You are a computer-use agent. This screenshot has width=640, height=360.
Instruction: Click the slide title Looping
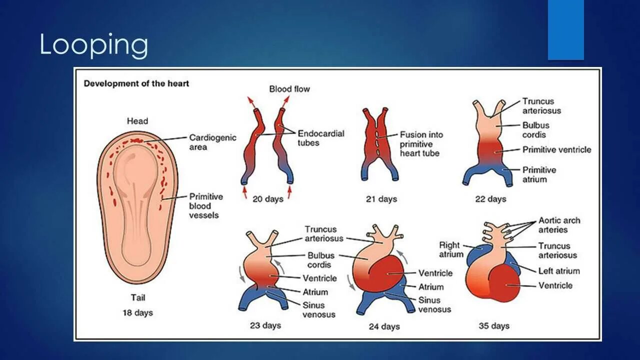[x=93, y=45]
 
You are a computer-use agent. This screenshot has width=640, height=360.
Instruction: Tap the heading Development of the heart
[x=136, y=83]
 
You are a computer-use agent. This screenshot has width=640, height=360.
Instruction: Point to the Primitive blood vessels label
[x=206, y=205]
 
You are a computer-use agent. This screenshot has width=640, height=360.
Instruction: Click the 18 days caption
[x=137, y=313]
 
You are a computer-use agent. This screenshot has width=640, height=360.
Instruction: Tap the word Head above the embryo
[x=137, y=121]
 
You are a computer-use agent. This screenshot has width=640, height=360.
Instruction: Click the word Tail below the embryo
[x=138, y=298]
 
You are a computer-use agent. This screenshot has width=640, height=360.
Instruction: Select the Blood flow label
[x=289, y=89]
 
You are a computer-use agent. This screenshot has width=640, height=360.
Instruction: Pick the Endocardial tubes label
[x=321, y=138]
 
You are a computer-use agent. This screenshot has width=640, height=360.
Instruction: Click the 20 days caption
[x=267, y=199]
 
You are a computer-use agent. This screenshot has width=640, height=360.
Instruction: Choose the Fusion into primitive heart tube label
[x=421, y=144]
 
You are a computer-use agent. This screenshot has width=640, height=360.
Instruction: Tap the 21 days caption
[x=381, y=199]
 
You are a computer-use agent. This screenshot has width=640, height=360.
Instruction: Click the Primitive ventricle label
[x=556, y=149]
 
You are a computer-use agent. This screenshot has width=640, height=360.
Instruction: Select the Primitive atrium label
[x=539, y=174]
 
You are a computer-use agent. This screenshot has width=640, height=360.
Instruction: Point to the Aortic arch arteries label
[x=559, y=225]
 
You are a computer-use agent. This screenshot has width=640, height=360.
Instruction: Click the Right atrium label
[x=449, y=249]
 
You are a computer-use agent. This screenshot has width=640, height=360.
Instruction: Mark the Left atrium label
[x=559, y=271]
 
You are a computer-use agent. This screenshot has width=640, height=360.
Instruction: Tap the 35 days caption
[x=493, y=326]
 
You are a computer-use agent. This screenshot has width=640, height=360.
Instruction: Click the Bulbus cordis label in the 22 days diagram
[x=535, y=130]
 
